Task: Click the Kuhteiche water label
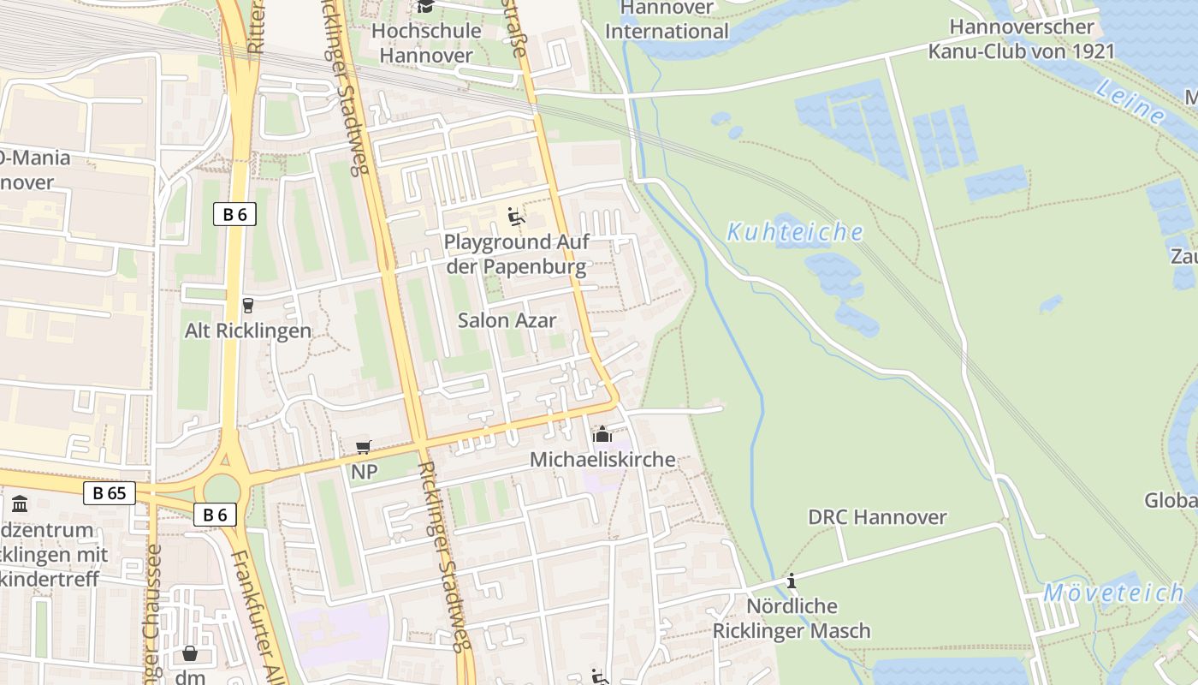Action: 795,232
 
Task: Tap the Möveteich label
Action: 1113,593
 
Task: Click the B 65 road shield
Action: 110,493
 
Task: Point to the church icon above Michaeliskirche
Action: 602,435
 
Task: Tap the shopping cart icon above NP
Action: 364,447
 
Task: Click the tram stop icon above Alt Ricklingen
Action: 248,305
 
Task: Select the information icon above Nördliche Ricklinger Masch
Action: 792,581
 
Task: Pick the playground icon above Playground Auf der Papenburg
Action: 516,217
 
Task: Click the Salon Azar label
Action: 507,321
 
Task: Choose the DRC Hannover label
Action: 877,517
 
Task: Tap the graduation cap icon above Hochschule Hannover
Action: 425,7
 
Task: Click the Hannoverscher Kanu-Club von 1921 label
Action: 1022,39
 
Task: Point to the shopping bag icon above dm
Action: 190,654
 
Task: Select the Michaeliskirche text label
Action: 602,460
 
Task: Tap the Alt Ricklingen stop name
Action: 248,331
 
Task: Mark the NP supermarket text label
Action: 364,472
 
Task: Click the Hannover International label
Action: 667,20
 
